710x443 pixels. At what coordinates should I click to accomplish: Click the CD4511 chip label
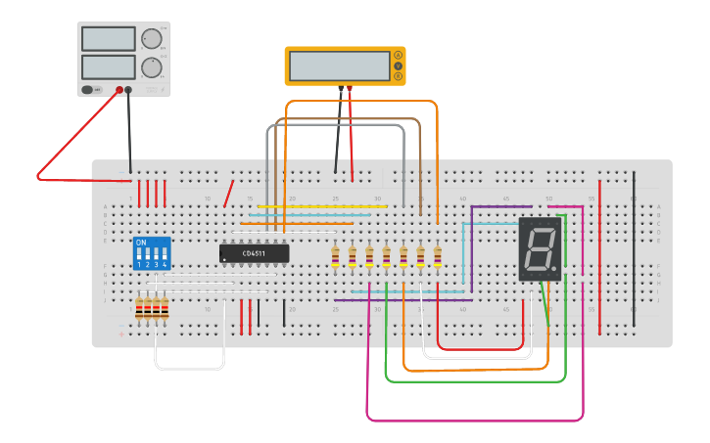[254, 253]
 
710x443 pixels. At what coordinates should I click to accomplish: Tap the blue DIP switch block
[152, 252]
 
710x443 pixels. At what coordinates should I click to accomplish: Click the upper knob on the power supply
[150, 39]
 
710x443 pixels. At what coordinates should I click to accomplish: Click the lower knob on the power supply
[150, 67]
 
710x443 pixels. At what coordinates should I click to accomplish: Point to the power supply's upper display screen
[108, 39]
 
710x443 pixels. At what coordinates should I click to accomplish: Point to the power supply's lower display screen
[108, 67]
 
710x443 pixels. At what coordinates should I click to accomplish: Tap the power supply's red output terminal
[119, 90]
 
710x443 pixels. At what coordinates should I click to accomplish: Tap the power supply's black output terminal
[128, 90]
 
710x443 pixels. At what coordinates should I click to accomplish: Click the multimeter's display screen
[340, 66]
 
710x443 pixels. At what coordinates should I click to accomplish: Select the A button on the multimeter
[398, 55]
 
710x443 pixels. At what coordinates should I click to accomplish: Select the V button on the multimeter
[398, 66]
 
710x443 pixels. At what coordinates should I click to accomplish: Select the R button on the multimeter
[398, 76]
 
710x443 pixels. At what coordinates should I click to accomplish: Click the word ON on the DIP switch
[141, 242]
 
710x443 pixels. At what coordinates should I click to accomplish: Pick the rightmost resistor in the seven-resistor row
[438, 256]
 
